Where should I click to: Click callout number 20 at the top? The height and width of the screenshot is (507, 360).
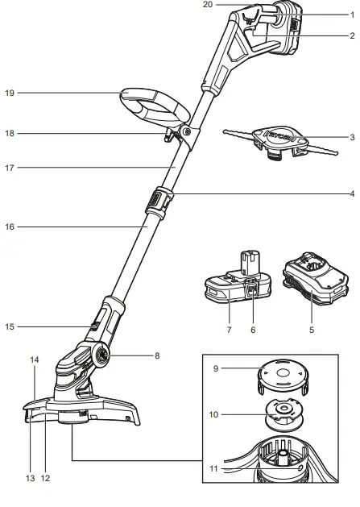(207, 5)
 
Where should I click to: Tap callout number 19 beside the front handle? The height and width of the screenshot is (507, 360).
(10, 93)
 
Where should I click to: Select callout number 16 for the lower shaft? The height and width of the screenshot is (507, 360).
(10, 228)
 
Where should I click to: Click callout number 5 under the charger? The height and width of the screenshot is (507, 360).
(311, 330)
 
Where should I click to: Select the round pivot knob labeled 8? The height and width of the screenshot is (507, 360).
(103, 355)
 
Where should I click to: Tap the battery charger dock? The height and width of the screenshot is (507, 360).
(314, 292)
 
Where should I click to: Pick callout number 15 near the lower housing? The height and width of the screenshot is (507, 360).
(10, 326)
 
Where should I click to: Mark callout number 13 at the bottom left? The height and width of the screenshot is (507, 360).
(30, 478)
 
